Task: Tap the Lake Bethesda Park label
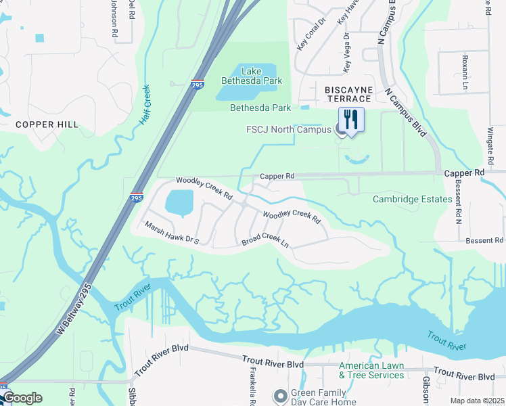(x=252, y=75)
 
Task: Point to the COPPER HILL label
(x=47, y=125)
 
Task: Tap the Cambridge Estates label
(x=412, y=199)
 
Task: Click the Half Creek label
(x=145, y=104)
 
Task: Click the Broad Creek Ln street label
(x=266, y=240)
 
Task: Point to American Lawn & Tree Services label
(x=371, y=370)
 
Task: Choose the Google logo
(x=22, y=398)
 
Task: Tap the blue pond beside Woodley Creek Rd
(x=179, y=202)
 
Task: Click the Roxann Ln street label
(x=465, y=72)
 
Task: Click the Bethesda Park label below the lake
(x=260, y=108)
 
